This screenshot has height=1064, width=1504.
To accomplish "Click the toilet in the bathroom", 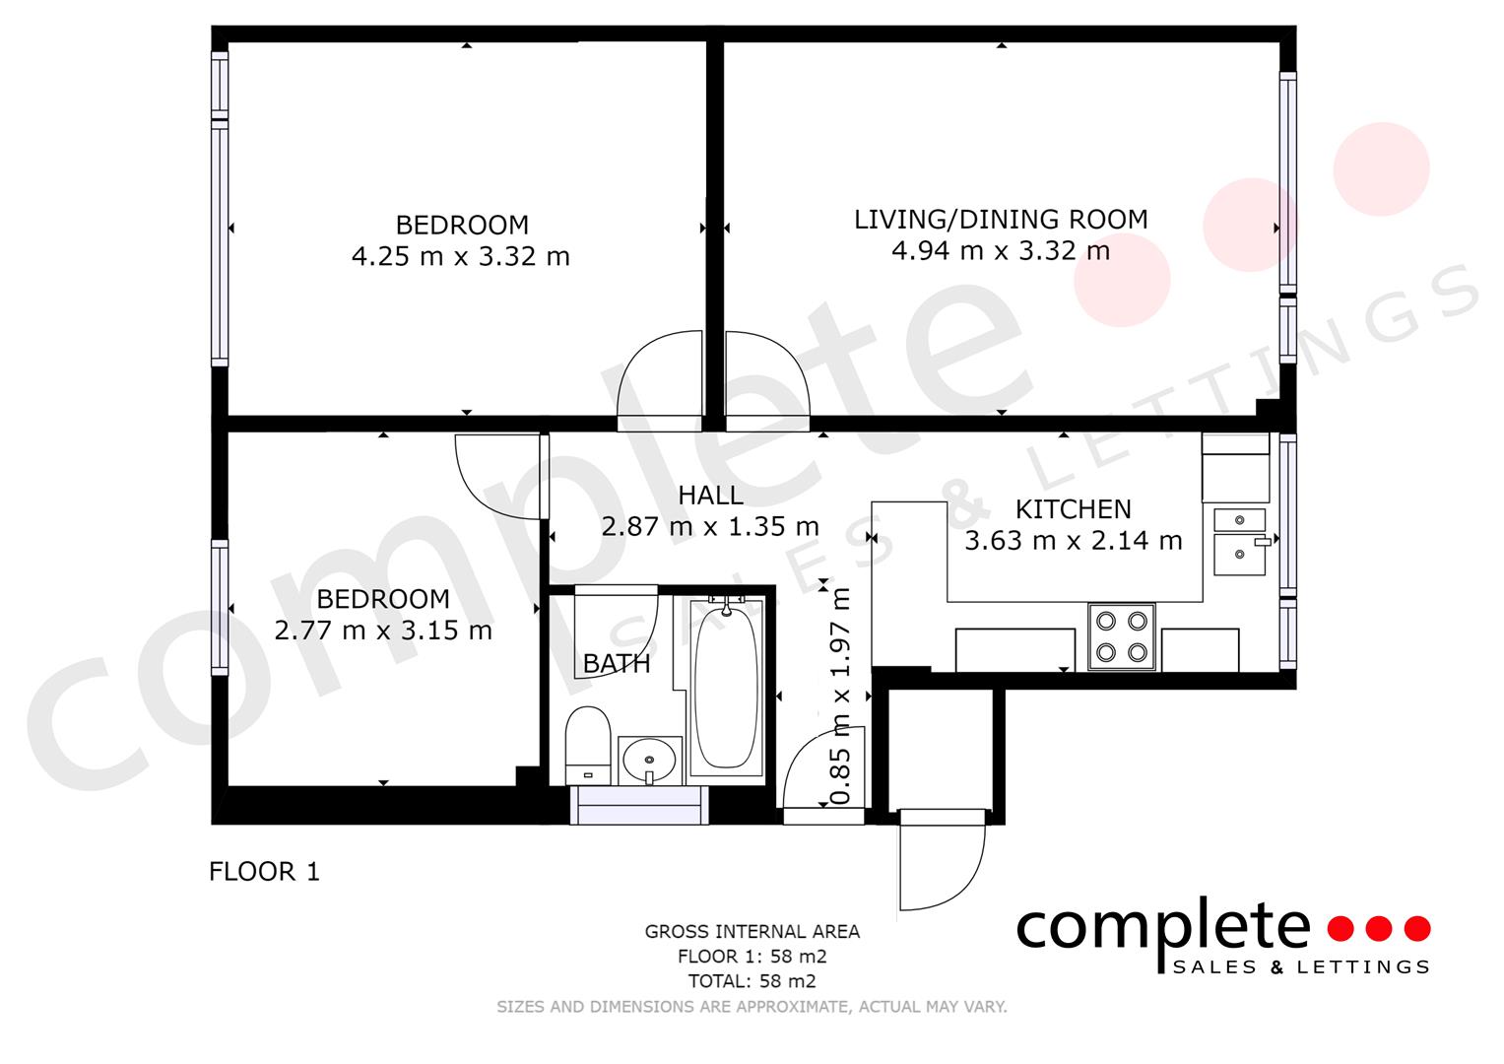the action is tap(587, 745).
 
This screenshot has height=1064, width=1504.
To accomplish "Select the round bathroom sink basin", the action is tap(649, 761).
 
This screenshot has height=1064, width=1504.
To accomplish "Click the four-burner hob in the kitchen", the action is tap(1121, 636).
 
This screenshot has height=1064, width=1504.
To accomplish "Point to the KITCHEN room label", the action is tap(1073, 509).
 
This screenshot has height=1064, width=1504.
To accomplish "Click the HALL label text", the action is tap(710, 496).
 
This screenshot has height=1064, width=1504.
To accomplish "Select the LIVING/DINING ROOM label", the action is tap(1001, 220).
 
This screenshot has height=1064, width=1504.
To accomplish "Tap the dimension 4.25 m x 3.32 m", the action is tap(461, 256).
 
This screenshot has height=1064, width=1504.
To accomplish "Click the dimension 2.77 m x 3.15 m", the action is tap(383, 631).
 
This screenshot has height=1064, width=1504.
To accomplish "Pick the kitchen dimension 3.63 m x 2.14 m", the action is tap(1073, 541).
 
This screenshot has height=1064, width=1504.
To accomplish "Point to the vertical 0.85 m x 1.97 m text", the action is tap(840, 697).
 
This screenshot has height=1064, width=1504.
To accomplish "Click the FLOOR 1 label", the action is tap(264, 872).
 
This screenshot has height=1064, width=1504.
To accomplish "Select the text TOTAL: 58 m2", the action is tap(752, 981).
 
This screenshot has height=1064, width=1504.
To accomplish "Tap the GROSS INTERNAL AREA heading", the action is tap(752, 932).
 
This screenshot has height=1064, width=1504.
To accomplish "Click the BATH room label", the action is tap(617, 664).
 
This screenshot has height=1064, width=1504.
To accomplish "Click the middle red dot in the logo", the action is tap(1379, 928).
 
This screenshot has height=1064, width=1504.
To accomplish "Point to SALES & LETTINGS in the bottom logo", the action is tap(1301, 967).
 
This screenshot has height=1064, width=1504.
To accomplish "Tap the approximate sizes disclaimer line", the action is tap(752, 1007).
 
